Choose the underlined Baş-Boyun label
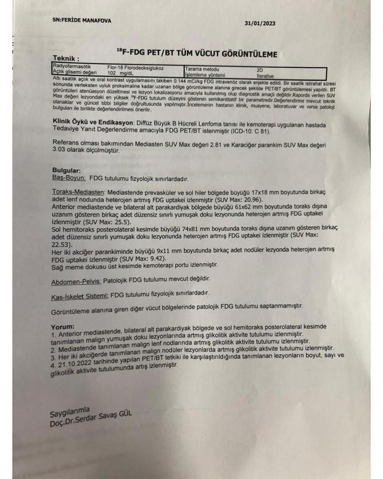pyautogui.click(x=68, y=178)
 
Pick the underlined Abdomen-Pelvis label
pyautogui.click(x=74, y=279)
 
